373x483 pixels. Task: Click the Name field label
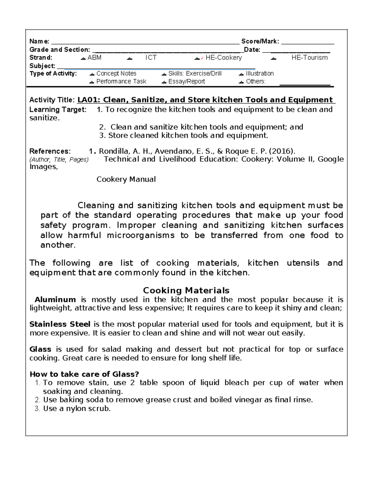click(x=39, y=41)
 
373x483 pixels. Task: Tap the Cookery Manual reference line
click(x=126, y=179)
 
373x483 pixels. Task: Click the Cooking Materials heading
click(x=186, y=290)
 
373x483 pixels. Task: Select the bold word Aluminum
click(x=55, y=300)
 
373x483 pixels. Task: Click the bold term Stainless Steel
click(x=60, y=324)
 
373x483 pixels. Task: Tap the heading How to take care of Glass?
click(x=84, y=374)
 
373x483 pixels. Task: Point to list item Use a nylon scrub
click(x=76, y=409)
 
